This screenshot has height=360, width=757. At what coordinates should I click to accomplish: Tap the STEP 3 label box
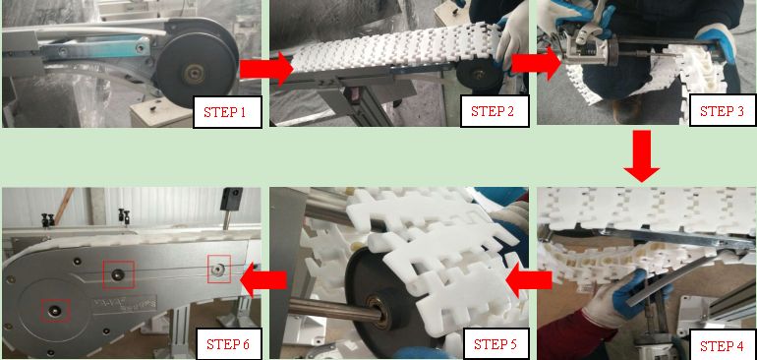point(723,110)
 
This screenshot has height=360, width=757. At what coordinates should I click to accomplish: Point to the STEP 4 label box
point(723,345)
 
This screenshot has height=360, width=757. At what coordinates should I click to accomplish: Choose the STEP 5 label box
point(495,344)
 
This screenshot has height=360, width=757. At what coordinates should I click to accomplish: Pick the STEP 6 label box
point(227,344)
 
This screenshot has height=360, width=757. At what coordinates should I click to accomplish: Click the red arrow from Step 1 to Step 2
point(266,69)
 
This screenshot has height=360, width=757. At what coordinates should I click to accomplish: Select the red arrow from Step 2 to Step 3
point(537,63)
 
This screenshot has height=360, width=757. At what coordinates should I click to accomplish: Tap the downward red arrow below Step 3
point(642,156)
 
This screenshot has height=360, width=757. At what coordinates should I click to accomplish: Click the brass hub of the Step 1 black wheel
point(195,74)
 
